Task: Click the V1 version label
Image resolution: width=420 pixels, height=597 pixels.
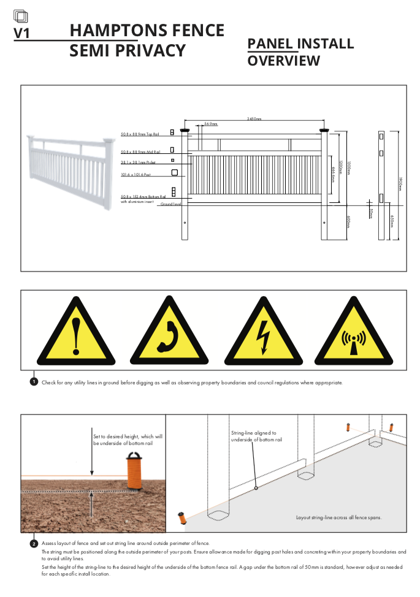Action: tap(22, 33)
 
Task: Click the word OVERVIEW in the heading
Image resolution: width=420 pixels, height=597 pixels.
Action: tap(283, 61)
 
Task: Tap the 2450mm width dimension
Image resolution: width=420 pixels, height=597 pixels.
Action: tap(254, 119)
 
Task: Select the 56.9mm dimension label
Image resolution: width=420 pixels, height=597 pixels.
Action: tap(211, 124)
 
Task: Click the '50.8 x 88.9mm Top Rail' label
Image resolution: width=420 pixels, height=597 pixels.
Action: tap(140, 134)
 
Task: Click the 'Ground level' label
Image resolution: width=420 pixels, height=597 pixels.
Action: tap(170, 204)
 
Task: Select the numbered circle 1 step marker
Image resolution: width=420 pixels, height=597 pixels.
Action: tap(34, 382)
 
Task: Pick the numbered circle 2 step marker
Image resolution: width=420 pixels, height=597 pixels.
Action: tap(34, 543)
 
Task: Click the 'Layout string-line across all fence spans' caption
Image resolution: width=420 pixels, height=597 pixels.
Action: tap(338, 517)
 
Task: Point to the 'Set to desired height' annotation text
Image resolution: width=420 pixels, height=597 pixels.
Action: tap(128, 439)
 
